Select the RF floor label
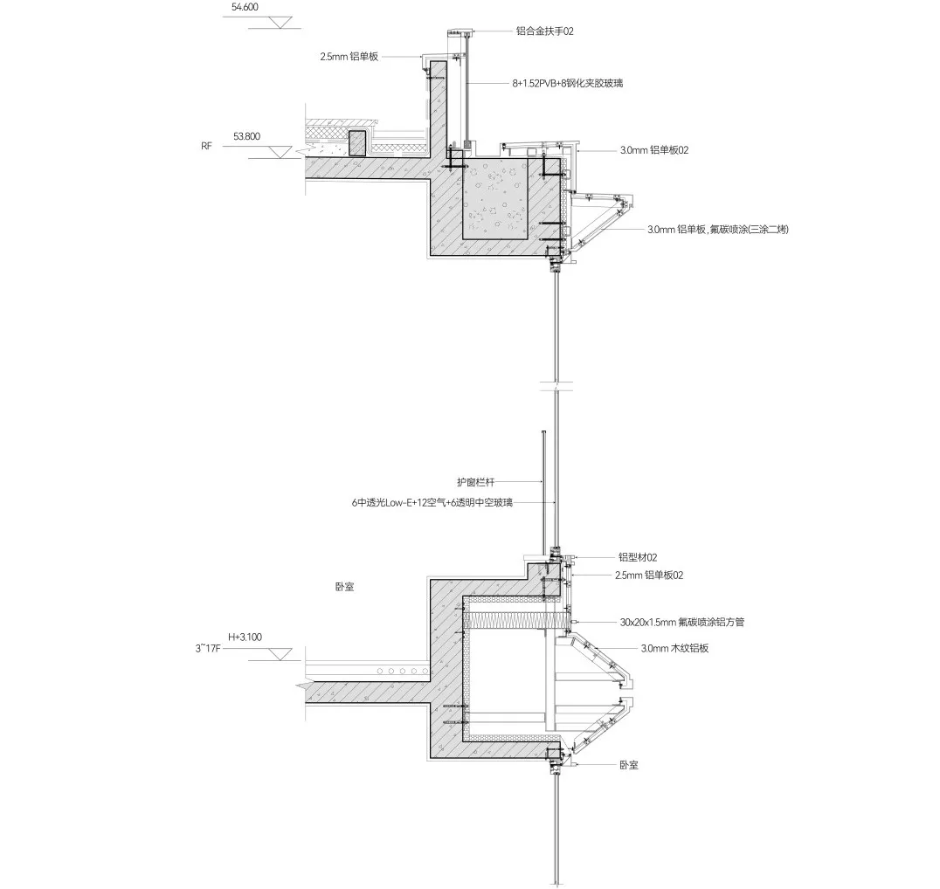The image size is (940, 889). click(206, 146)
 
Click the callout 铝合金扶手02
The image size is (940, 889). click(543, 31)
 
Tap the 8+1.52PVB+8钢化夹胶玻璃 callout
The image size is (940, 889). click(568, 83)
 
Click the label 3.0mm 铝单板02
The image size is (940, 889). click(655, 150)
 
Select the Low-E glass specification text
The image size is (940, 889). click(432, 502)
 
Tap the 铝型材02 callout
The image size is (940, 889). click(637, 556)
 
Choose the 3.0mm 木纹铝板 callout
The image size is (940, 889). click(673, 649)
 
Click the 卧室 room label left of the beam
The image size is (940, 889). click(344, 588)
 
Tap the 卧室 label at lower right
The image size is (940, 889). click(628, 765)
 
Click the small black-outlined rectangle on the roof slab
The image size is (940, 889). click(356, 143)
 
